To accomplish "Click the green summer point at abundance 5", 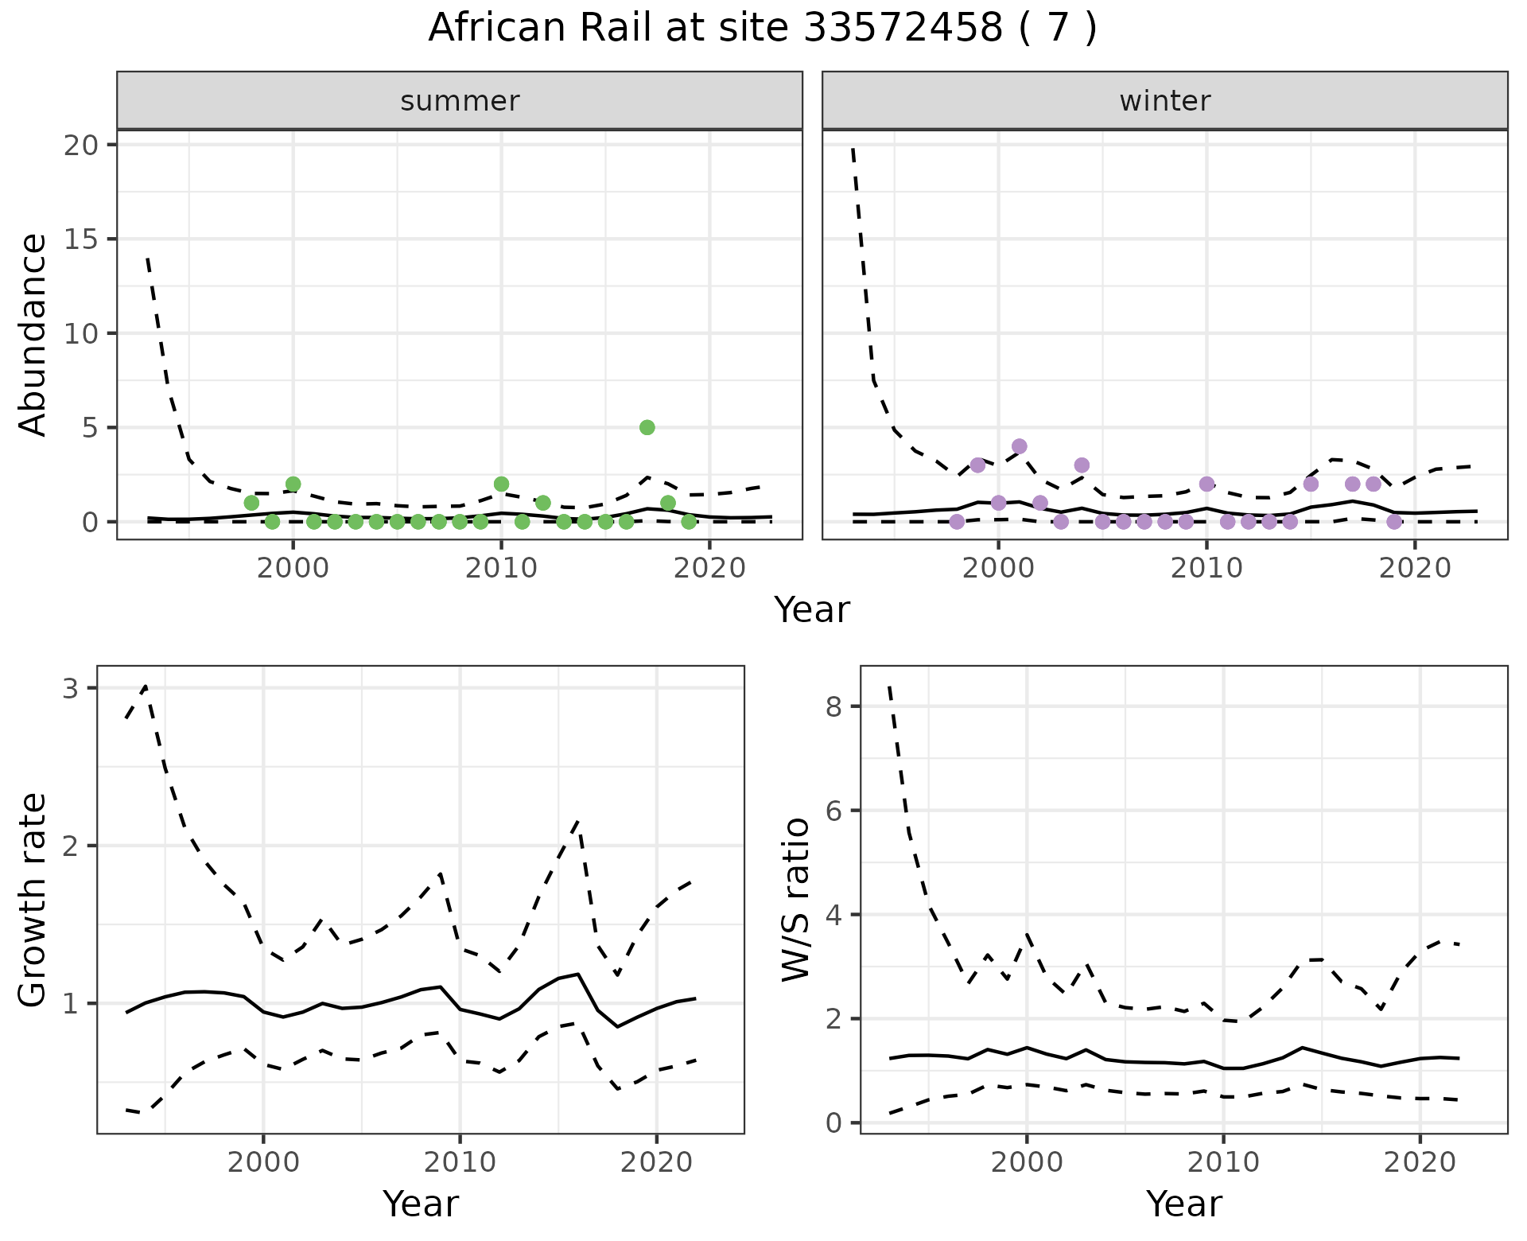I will pos(647,427).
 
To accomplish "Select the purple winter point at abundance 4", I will pos(1019,446).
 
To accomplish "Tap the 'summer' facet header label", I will pos(460,101).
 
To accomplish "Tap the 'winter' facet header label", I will pos(1164,101).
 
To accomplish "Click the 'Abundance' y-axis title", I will pos(33,334).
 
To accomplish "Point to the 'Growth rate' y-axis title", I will pos(33,900).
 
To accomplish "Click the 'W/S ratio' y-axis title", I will pos(795,900).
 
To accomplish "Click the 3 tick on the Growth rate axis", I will pos(71,688).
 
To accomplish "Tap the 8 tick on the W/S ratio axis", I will pos(834,706).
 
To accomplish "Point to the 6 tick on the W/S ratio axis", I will pos(834,811).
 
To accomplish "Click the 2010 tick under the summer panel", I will pos(501,569).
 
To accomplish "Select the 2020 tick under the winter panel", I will pos(1415,569).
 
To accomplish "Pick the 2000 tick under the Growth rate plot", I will pos(263,1162).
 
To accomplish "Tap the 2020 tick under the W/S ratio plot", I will pos(1420,1162).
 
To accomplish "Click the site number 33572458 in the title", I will pos(903,29).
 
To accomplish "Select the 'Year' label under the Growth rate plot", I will pos(421,1204).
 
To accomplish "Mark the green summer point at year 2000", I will pos(293,484).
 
